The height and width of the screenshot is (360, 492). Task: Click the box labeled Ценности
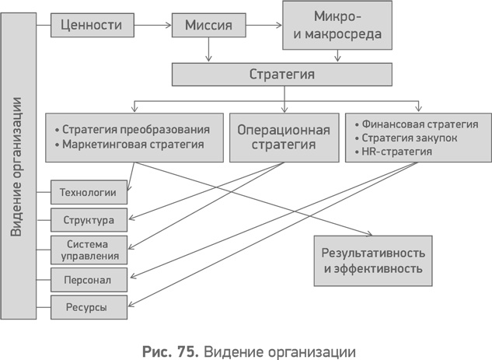90,25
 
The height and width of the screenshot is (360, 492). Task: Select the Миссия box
208,25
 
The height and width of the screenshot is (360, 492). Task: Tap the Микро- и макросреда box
337,26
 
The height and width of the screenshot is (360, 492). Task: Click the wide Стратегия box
281,75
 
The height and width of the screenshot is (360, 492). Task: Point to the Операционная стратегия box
283,137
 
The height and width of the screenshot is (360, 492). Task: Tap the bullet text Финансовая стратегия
419,124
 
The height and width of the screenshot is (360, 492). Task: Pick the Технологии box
89,191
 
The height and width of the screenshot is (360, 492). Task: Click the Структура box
89,219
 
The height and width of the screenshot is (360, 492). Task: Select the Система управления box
89,249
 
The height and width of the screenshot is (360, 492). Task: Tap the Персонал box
89,278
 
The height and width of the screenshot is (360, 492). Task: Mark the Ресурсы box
89,306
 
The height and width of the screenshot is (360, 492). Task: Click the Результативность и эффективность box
372,261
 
